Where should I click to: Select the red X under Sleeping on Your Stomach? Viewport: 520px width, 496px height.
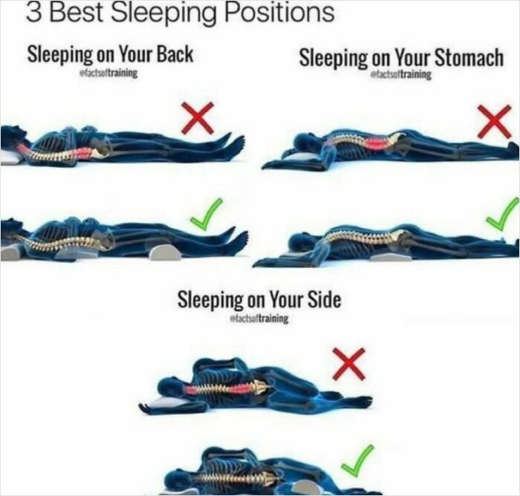tap(494, 121)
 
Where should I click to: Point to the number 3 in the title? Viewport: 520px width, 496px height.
tap(33, 13)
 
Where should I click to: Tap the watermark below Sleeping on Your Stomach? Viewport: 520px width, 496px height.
tap(401, 75)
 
